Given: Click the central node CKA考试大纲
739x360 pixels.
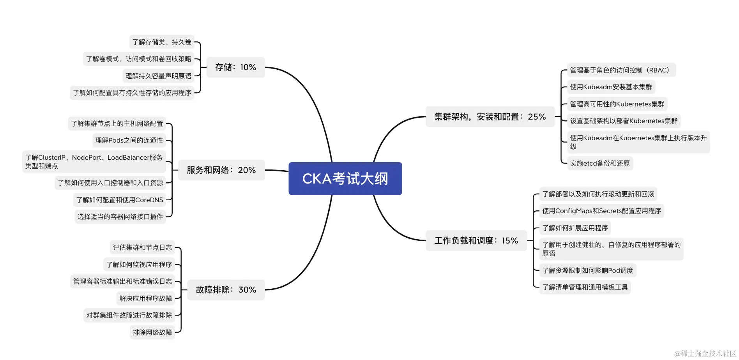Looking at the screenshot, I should click(x=345, y=178).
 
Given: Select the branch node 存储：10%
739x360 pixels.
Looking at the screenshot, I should click(x=235, y=67).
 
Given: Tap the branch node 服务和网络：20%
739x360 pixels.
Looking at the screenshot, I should click(x=221, y=170).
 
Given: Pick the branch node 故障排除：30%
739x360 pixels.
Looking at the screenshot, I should click(x=226, y=290).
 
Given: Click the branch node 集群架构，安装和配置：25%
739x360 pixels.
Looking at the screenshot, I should click(x=490, y=116).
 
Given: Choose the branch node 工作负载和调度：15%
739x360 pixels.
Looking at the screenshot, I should click(x=476, y=241).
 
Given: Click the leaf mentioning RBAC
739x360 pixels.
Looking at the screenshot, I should click(x=621, y=70).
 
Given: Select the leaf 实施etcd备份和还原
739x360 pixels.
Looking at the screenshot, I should click(x=599, y=163).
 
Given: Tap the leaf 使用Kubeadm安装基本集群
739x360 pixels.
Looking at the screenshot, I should click(x=610, y=87).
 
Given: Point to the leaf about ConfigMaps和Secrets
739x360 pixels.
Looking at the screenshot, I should click(x=601, y=211).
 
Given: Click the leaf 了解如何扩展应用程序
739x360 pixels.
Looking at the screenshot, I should click(x=575, y=228).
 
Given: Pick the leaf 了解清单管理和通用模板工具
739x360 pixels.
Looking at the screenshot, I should click(x=585, y=287).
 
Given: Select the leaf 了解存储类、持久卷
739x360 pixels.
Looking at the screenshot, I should click(x=161, y=42).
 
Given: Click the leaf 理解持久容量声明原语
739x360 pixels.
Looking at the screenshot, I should click(x=158, y=76).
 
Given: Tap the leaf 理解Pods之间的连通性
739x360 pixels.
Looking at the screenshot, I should click(x=129, y=140).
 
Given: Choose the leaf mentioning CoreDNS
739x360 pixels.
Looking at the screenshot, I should click(x=119, y=200).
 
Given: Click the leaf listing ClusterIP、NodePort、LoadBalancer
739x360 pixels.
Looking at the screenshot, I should click(x=94, y=162).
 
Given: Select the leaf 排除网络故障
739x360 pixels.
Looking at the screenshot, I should click(x=152, y=332).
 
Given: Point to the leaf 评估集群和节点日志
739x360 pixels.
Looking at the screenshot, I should click(x=142, y=247).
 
